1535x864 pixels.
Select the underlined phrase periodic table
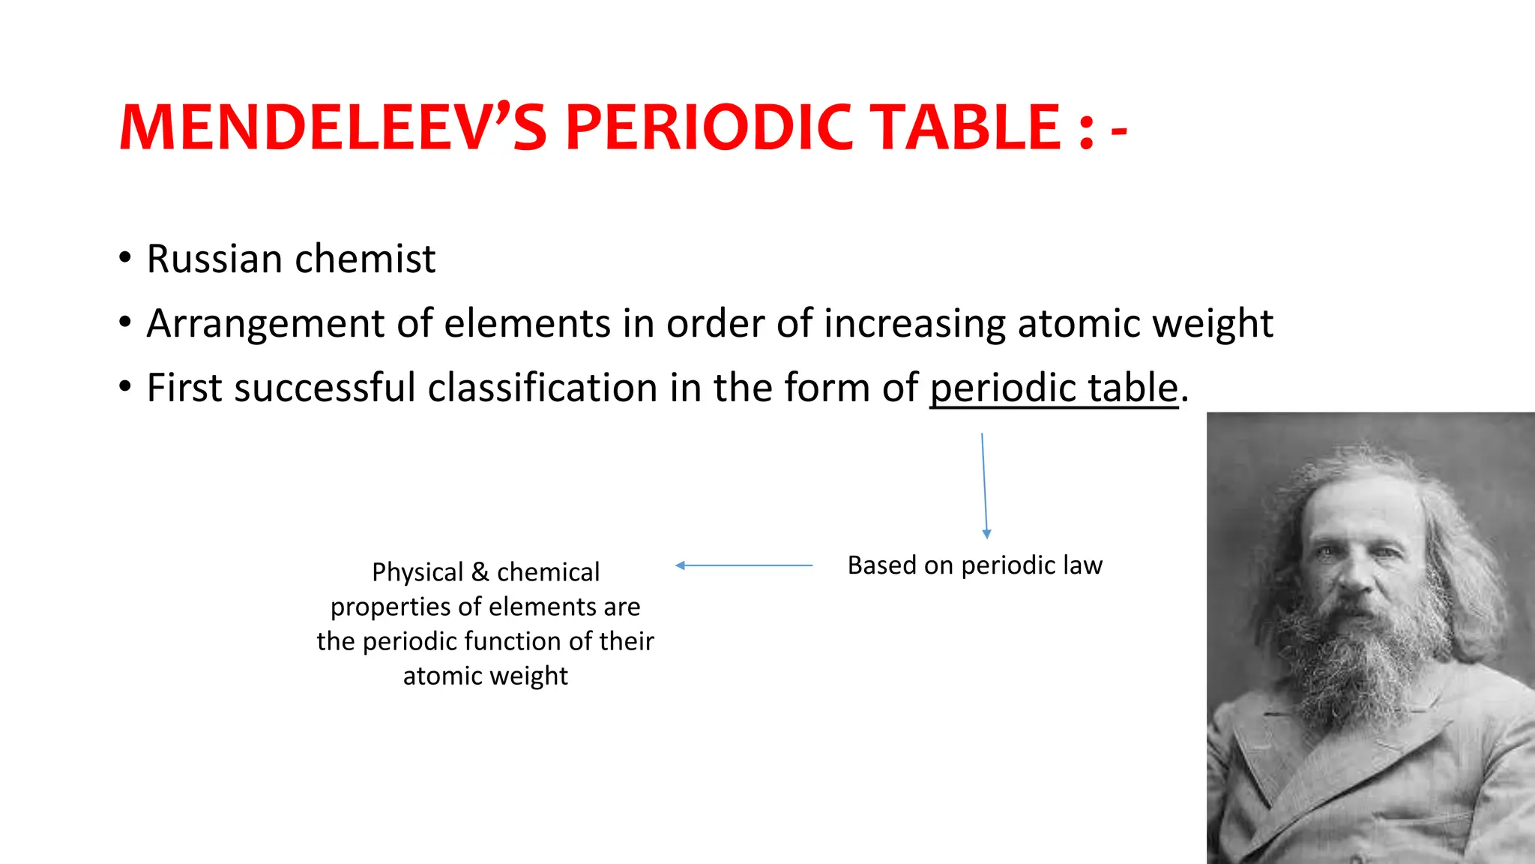coord(1054,388)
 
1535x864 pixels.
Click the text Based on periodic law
coord(974,565)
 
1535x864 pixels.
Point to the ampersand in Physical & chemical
coord(480,572)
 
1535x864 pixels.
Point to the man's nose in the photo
coord(1353,574)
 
